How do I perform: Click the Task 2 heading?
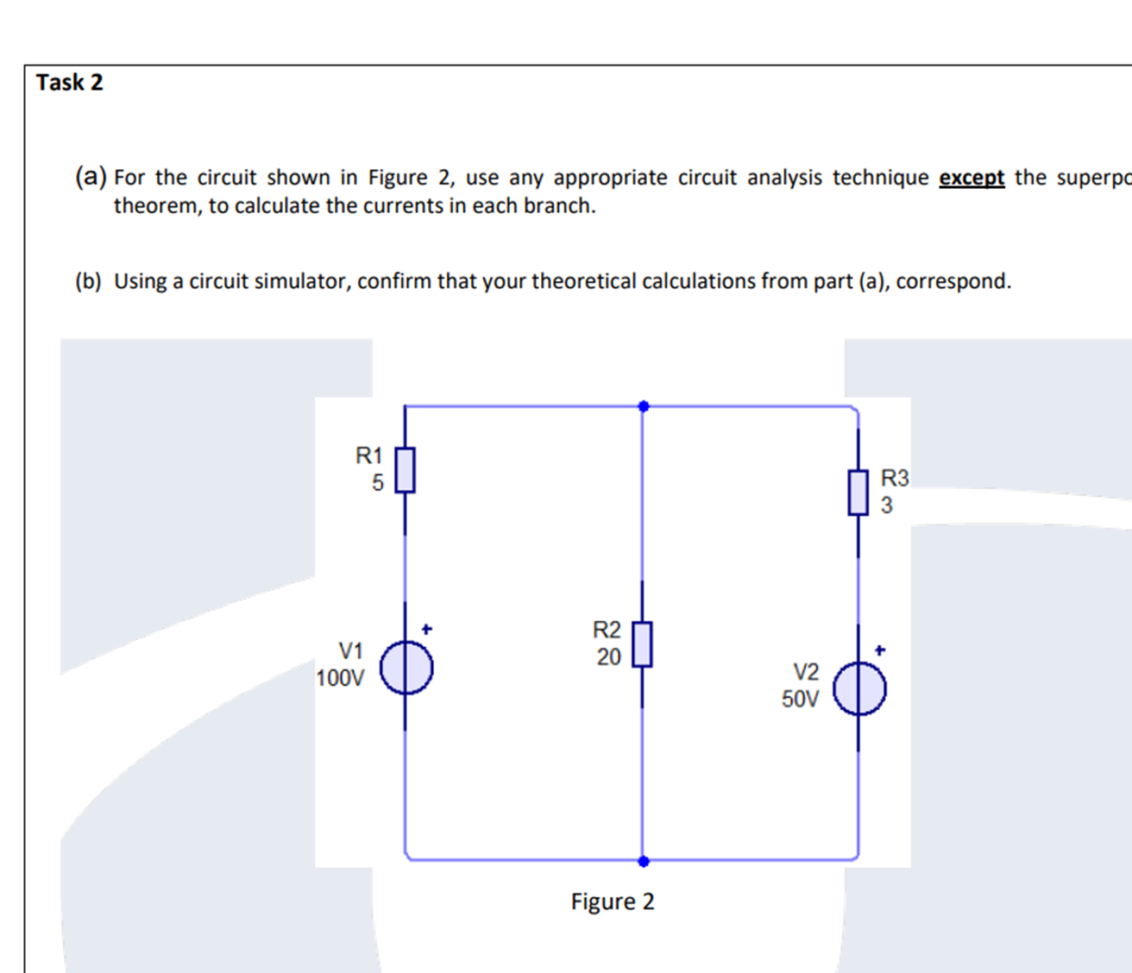point(69,83)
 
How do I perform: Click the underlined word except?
point(972,178)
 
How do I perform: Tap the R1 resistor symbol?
point(405,470)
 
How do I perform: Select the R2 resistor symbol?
point(642,644)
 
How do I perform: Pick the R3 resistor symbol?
point(858,493)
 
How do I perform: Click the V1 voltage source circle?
point(406,669)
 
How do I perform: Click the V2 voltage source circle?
point(859,690)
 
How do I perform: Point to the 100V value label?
point(340,678)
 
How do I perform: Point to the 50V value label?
point(800,699)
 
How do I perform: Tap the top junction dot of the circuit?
point(643,406)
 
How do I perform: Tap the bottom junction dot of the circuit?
point(643,861)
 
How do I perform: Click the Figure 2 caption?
point(613,902)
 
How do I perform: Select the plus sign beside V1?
point(426,629)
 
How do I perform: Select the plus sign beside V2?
point(879,650)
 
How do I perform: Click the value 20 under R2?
point(608,657)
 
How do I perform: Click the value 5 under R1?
point(378,483)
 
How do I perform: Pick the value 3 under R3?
point(887,505)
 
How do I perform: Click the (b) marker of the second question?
point(88,282)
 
